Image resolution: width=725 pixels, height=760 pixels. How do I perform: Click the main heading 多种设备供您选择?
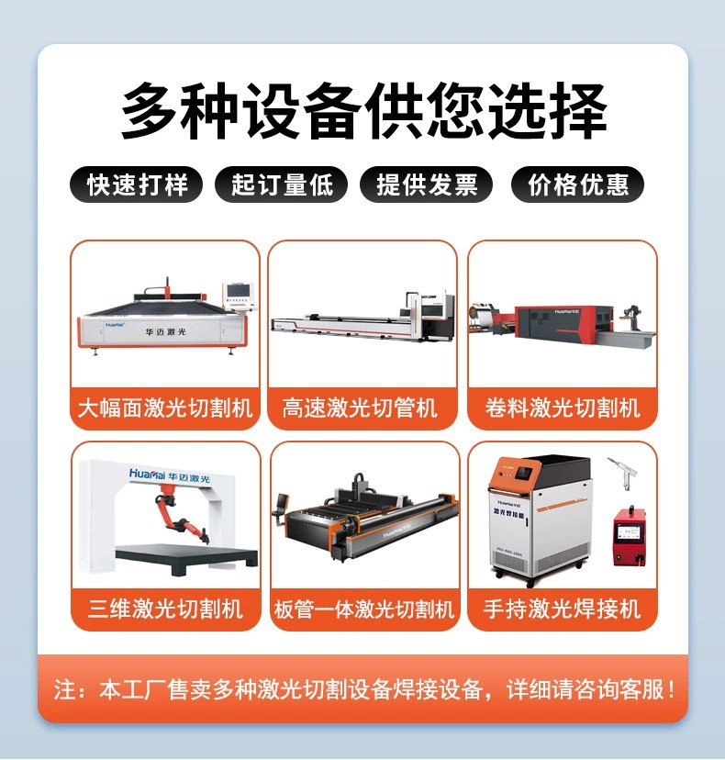click(363, 110)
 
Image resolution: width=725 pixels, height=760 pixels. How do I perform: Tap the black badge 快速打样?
click(136, 184)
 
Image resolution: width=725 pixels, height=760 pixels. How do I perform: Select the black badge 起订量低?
click(282, 184)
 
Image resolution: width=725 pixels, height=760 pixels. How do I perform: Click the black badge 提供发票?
click(427, 184)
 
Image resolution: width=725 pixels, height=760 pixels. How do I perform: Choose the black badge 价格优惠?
click(577, 184)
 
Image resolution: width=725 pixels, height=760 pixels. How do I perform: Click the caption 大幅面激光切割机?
click(165, 408)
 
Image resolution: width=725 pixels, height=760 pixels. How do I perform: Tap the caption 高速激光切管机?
click(360, 408)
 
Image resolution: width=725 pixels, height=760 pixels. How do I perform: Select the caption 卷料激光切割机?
click(563, 408)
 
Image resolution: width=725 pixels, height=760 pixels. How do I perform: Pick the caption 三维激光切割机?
click(165, 609)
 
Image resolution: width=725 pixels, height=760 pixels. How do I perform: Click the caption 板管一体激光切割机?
click(364, 609)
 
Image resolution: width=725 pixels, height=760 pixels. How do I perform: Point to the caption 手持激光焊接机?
click(562, 609)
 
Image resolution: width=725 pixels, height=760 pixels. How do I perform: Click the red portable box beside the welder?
click(630, 536)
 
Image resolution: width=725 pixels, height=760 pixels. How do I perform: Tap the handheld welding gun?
click(623, 473)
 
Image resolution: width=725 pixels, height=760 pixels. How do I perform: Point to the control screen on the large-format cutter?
click(239, 293)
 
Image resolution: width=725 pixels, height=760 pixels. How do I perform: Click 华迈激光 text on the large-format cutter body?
click(165, 332)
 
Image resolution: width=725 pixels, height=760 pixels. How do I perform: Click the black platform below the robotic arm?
click(187, 557)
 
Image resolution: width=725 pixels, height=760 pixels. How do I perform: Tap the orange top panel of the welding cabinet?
click(515, 472)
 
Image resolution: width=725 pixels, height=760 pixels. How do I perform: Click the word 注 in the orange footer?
click(64, 689)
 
